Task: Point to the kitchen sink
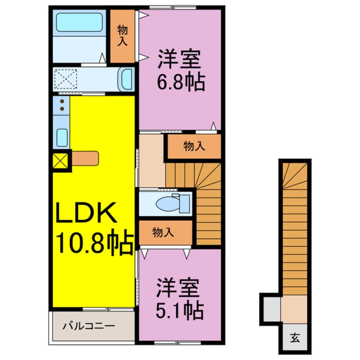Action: point(62,137)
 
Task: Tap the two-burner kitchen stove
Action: point(62,105)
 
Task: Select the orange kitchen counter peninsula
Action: point(85,158)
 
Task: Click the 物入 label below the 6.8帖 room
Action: point(194,147)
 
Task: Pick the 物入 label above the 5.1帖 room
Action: point(163,232)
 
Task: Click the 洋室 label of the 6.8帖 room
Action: point(179,60)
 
